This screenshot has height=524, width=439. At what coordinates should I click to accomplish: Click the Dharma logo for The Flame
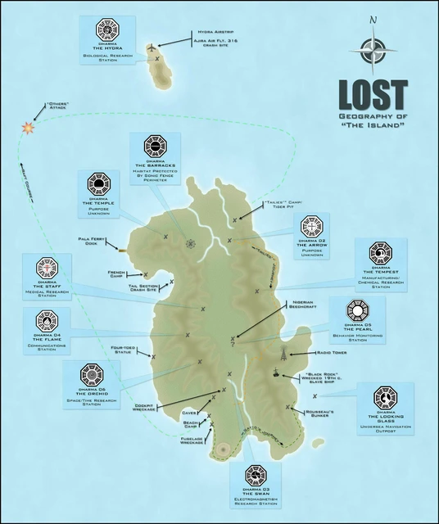point(47,320)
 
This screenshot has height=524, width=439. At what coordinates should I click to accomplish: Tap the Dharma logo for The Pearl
point(357,310)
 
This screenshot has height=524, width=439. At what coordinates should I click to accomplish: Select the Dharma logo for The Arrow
point(311,226)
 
